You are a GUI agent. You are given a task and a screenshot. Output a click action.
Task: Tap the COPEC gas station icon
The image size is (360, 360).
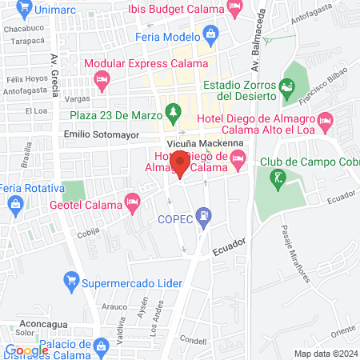coord(206,215)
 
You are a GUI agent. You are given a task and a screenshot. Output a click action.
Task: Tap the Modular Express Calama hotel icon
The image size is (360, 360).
coord(102,79)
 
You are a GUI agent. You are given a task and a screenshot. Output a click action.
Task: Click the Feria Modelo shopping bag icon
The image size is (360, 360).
coord(210,34)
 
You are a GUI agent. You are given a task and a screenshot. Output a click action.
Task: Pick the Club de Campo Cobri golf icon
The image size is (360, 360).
coord(278,178)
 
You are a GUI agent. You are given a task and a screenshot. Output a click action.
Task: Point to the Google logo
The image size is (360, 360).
coord(26,350)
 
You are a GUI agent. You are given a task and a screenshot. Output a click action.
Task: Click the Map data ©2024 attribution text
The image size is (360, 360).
coord(325,354)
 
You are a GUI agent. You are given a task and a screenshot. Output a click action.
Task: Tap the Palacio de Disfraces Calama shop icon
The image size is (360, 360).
coord(102,347)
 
